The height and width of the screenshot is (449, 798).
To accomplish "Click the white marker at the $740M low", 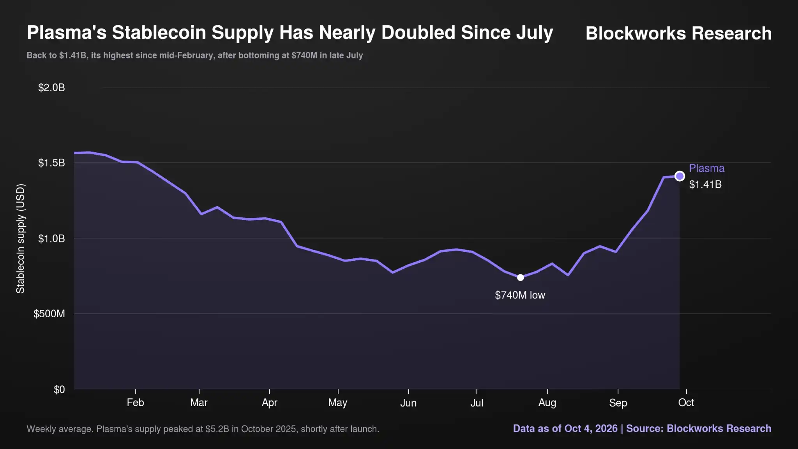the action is (x=520, y=278).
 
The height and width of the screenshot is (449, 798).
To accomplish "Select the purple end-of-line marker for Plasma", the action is (x=680, y=176).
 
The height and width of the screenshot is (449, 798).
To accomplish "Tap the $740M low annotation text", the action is (x=520, y=295).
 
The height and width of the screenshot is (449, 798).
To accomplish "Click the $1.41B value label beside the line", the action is (x=705, y=184).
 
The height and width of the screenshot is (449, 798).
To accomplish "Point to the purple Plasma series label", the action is (x=707, y=168).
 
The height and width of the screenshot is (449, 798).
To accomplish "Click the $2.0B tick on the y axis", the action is (x=51, y=88).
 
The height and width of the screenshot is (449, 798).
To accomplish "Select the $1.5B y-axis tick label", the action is (x=51, y=163).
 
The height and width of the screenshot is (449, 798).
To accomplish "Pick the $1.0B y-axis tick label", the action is (x=51, y=239).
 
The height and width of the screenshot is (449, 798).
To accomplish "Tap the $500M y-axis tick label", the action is (x=49, y=314).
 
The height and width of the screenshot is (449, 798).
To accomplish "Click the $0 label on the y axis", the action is (x=59, y=389).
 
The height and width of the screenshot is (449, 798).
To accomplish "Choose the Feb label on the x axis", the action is (x=135, y=403).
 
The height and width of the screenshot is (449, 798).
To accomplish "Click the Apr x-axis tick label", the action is (x=270, y=403).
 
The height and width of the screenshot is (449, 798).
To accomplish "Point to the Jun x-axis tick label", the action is (x=408, y=403).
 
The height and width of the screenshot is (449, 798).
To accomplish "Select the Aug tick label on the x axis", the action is (x=547, y=403).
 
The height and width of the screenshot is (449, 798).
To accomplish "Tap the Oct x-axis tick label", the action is (x=686, y=403).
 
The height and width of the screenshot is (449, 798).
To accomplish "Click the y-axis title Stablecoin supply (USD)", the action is (x=20, y=239).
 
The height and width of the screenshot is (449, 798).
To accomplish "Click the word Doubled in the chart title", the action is (x=418, y=32).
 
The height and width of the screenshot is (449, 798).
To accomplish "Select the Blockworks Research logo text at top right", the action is (x=678, y=33).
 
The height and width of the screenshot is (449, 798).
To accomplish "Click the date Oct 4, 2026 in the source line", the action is (x=591, y=429).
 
